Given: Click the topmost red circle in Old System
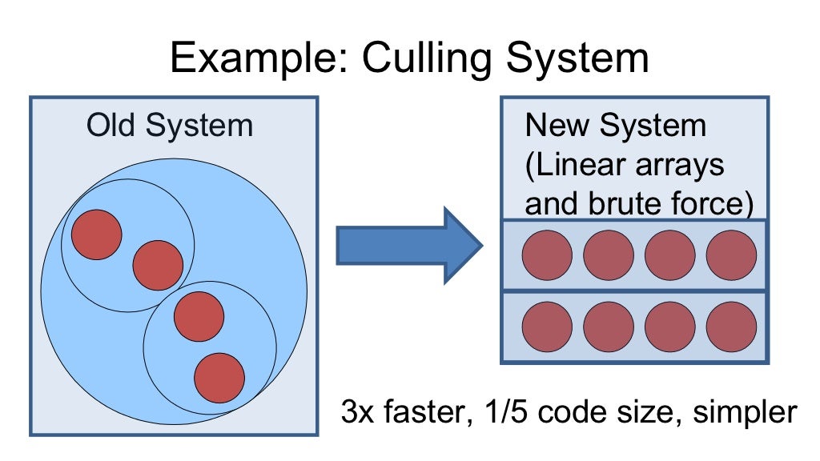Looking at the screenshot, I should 97,234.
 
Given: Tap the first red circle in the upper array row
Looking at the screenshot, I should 547,255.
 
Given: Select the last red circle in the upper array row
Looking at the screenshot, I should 731,255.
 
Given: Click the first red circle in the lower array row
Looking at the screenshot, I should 547,327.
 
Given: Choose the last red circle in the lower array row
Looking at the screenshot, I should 731,327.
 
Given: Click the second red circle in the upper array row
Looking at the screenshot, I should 609,255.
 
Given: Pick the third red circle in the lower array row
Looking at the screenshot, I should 669,327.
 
